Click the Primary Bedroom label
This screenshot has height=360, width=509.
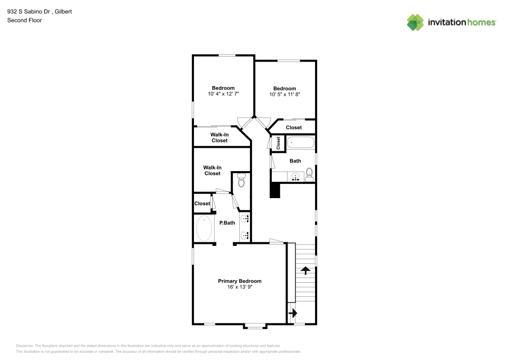(x=240, y=281)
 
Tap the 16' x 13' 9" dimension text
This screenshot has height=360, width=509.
(x=240, y=287)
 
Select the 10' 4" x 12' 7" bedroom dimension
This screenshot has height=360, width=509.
(x=223, y=94)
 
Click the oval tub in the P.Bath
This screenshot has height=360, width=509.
(x=204, y=229)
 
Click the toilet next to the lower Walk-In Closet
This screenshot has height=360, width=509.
(x=241, y=180)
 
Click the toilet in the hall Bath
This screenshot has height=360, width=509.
(x=309, y=177)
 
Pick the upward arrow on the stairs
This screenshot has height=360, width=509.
(x=305, y=270)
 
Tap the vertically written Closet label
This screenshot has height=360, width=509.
(x=278, y=143)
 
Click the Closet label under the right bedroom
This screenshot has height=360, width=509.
(x=294, y=127)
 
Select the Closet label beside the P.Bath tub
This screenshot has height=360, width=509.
(x=202, y=204)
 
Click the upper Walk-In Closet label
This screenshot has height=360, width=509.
(x=219, y=137)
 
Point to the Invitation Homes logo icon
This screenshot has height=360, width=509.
(x=415, y=22)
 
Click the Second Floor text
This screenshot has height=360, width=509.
(x=24, y=20)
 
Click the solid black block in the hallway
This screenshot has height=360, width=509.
(x=275, y=190)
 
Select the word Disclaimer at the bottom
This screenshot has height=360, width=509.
(x=24, y=345)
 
